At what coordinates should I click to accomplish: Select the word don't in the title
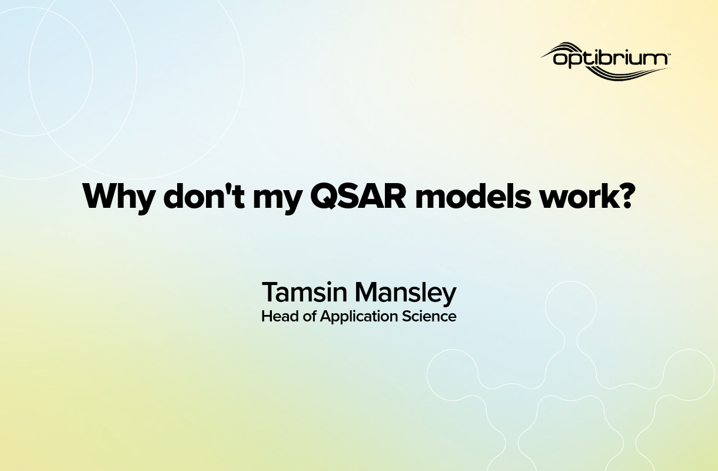point(197,196)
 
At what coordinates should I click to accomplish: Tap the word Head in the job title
point(277,316)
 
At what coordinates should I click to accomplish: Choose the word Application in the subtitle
point(359,317)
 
